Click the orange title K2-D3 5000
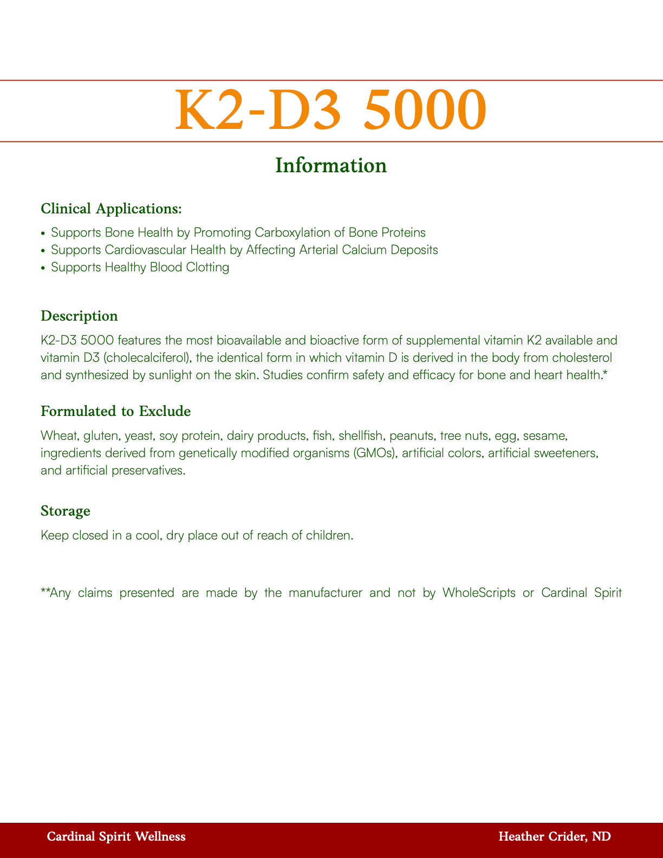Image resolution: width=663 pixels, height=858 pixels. pyautogui.click(x=331, y=110)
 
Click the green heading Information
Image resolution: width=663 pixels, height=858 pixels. pyautogui.click(x=331, y=165)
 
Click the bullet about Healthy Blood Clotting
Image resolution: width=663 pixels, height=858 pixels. pyautogui.click(x=140, y=267)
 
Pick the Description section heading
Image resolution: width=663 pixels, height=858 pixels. pyautogui.click(x=79, y=316)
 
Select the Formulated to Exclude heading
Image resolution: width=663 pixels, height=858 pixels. pyautogui.click(x=115, y=411)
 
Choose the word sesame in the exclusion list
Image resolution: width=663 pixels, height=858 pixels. pyautogui.click(x=546, y=435)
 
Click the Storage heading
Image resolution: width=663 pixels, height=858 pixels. pyautogui.click(x=66, y=511)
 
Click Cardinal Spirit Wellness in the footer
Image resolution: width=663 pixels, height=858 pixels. pyautogui.click(x=116, y=837)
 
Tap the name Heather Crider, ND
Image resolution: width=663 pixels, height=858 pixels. pyautogui.click(x=554, y=837)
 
